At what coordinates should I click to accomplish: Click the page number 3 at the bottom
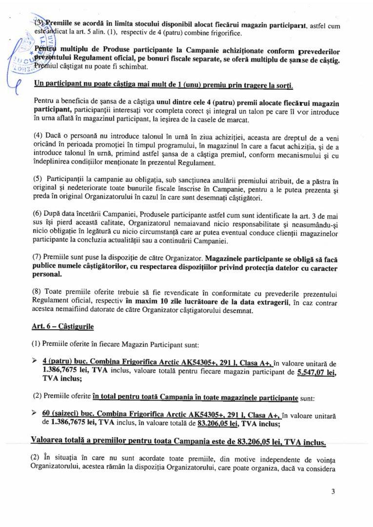pyautogui.click(x=333, y=491)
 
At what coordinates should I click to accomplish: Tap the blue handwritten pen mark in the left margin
pyautogui.click(x=20, y=73)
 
